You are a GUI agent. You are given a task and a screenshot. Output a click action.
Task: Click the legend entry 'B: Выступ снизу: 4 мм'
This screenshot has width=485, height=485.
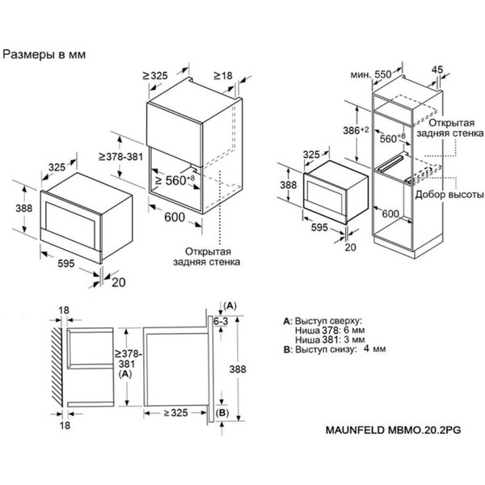[x=331, y=350]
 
